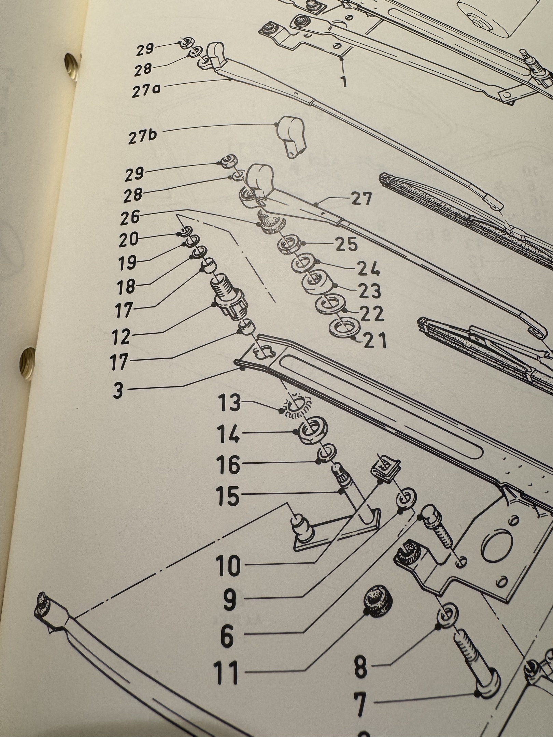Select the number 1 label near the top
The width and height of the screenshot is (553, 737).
pos(344,82)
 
